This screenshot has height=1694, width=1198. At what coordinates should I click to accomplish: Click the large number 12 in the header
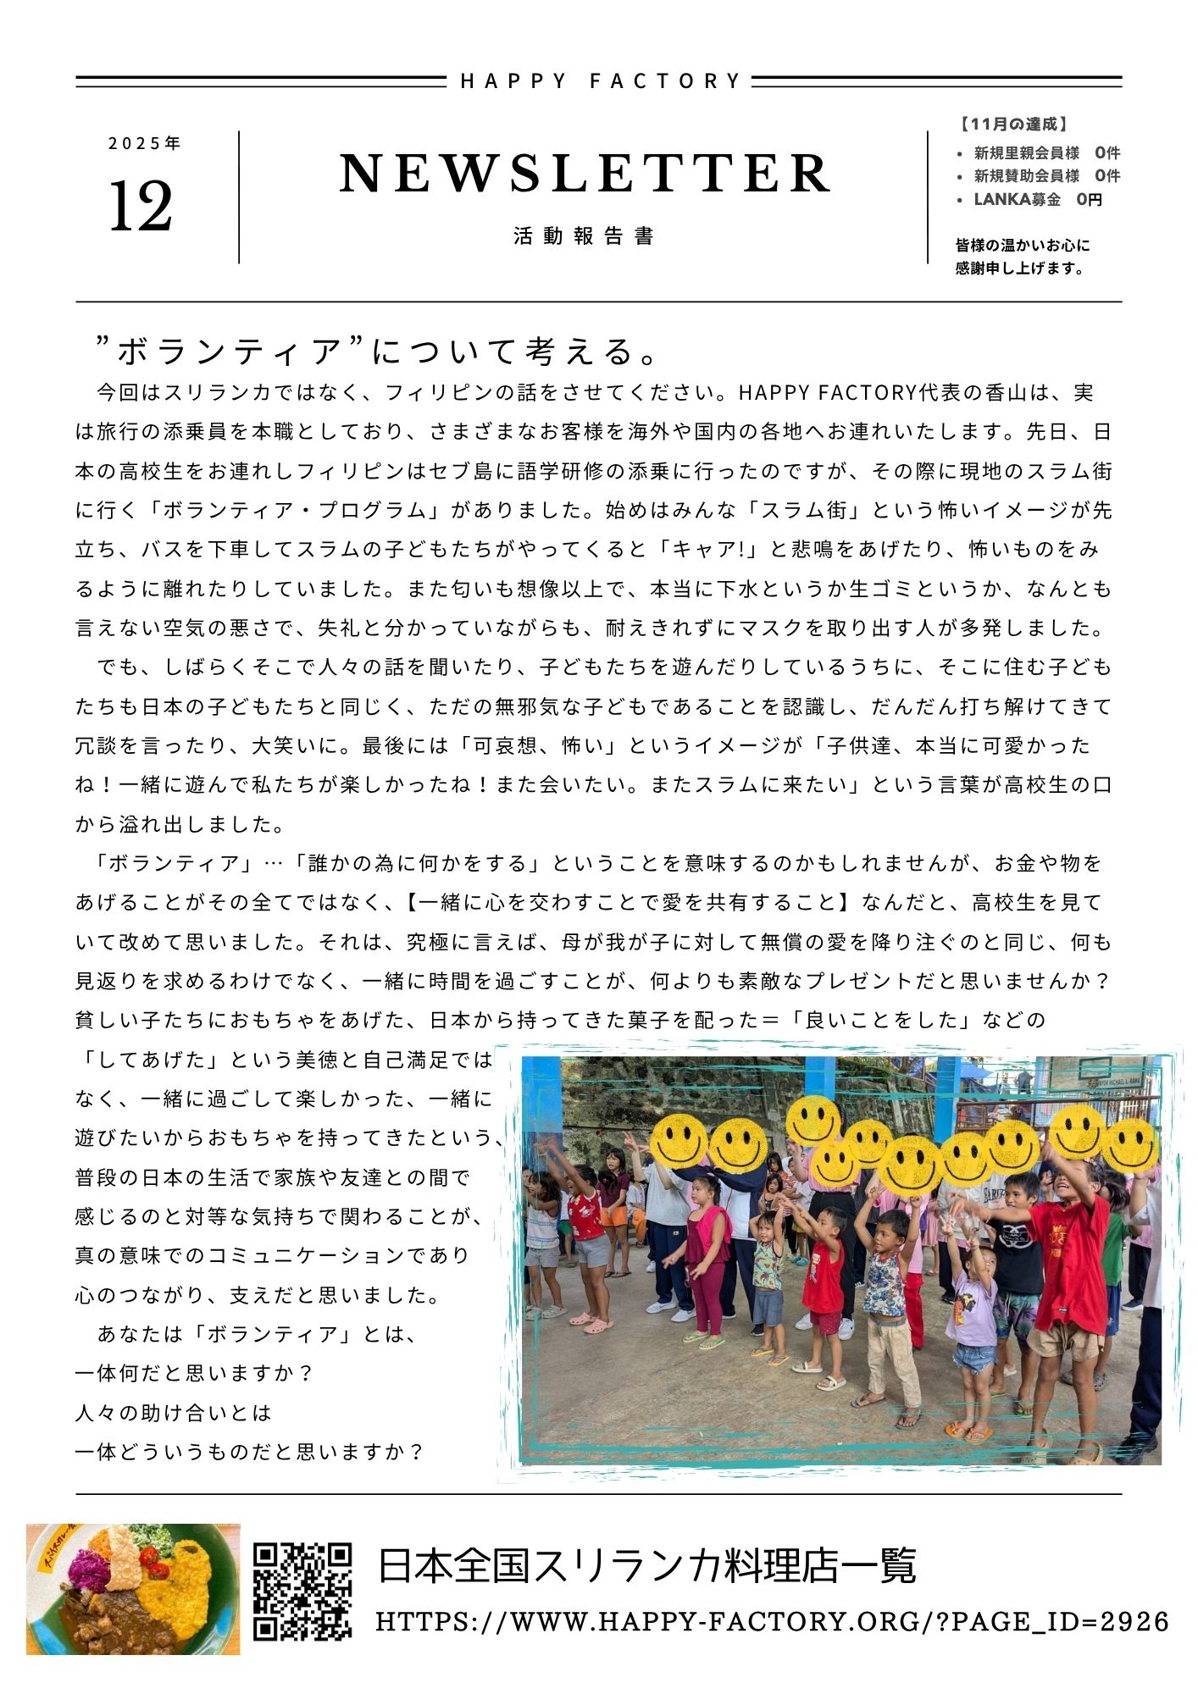pyautogui.click(x=141, y=208)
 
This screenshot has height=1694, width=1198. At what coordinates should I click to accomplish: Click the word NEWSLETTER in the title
pyautogui.click(x=585, y=174)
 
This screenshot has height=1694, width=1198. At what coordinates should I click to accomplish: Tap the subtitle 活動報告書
pyautogui.click(x=584, y=236)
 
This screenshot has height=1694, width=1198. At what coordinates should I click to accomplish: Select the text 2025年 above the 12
pyautogui.click(x=145, y=144)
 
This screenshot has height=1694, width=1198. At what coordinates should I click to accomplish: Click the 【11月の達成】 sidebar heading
pyautogui.click(x=1013, y=125)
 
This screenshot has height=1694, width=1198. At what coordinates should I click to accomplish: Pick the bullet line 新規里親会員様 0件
pyautogui.click(x=1046, y=153)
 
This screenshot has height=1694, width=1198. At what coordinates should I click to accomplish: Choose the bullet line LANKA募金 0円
pyautogui.click(x=1037, y=200)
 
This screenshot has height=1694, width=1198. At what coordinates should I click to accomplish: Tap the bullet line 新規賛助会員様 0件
pyautogui.click(x=1046, y=176)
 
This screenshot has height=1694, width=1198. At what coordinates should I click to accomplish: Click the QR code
pyautogui.click(x=302, y=1591)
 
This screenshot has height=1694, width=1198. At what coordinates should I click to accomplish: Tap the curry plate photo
pyautogui.click(x=133, y=1590)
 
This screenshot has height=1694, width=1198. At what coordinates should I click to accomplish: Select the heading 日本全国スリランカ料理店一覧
pyautogui.click(x=646, y=1567)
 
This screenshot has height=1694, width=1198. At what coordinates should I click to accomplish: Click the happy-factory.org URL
pyautogui.click(x=772, y=1622)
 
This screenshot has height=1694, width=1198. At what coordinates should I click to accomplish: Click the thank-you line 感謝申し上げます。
pyautogui.click(x=1020, y=268)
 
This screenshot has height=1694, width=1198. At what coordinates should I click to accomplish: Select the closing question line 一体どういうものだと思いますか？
pyautogui.click(x=249, y=1452)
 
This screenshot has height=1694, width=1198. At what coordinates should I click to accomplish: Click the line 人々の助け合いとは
pyautogui.click(x=174, y=1413)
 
